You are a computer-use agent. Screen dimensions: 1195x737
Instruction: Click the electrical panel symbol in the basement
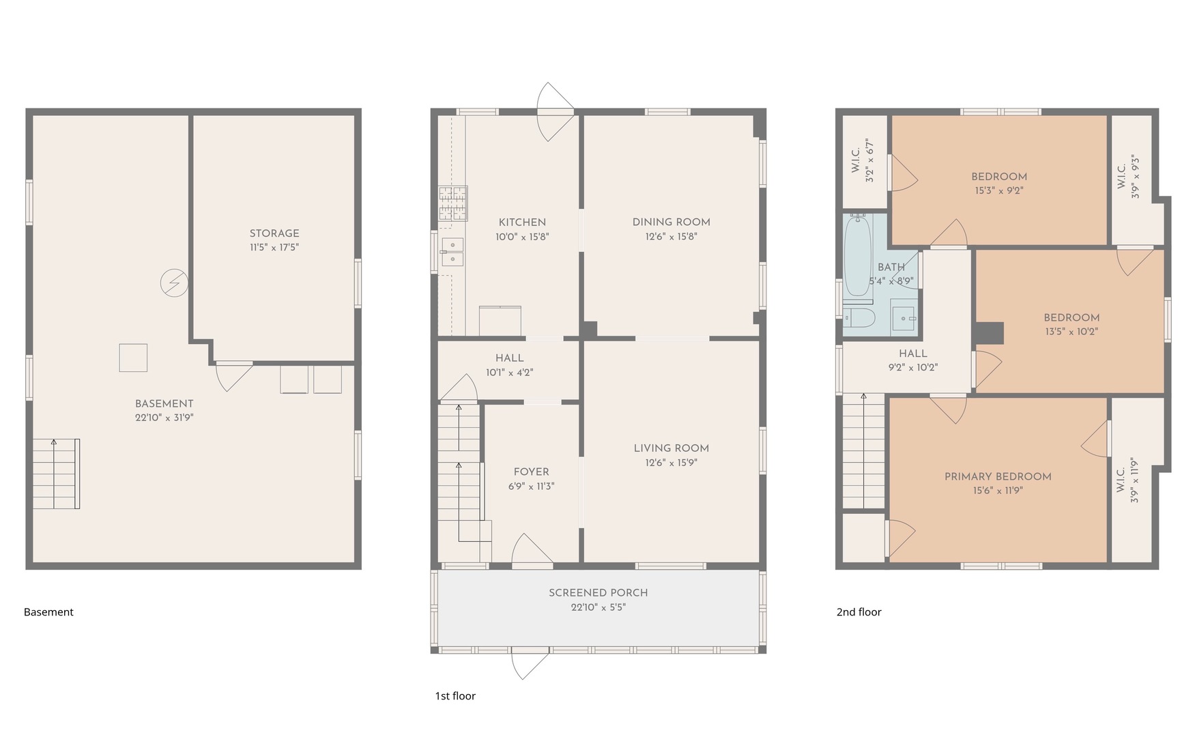click(x=174, y=283)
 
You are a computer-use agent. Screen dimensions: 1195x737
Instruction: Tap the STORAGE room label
click(x=274, y=233)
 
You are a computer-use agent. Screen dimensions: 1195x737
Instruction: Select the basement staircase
click(x=57, y=474)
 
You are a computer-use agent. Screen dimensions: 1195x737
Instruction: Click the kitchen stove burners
click(x=453, y=203)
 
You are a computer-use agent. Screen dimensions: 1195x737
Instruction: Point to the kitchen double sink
click(x=452, y=252)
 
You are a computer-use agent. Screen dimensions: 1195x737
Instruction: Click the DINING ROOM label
click(x=672, y=222)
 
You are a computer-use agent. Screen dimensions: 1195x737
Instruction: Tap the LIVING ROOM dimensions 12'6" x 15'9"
click(x=672, y=463)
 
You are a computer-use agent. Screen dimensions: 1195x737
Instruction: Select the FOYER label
click(x=532, y=472)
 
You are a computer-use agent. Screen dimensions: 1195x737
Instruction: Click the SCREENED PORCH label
click(x=599, y=592)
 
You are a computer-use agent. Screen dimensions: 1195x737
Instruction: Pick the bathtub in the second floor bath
click(x=858, y=257)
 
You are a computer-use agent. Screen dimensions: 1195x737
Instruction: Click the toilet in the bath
click(x=860, y=318)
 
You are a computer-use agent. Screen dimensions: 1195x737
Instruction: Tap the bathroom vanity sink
click(x=904, y=319)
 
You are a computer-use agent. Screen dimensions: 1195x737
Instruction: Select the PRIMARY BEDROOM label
click(x=998, y=476)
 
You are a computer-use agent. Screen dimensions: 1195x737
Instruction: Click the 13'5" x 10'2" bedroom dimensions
click(x=1071, y=332)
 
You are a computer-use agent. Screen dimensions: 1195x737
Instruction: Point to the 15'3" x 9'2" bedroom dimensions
click(x=999, y=190)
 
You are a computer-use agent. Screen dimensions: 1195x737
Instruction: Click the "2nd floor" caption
click(x=859, y=612)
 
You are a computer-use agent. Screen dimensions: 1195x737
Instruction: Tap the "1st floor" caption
click(x=455, y=696)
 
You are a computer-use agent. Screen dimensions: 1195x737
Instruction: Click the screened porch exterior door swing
click(x=530, y=665)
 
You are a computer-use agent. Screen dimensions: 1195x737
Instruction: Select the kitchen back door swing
click(x=556, y=112)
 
